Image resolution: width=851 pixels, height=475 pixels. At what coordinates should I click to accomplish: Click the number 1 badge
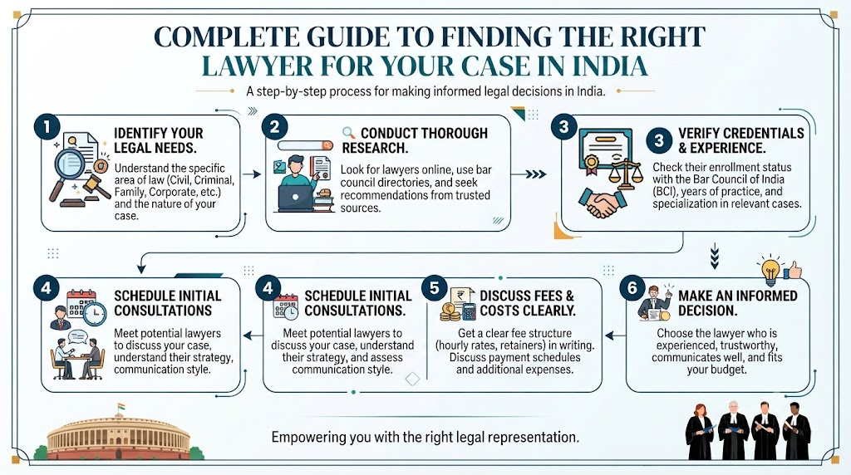47,127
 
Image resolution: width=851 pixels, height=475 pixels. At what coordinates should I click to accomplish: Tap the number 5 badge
434,288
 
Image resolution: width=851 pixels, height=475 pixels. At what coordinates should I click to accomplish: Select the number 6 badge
632,288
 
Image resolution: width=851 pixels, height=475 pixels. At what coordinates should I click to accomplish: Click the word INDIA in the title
609,66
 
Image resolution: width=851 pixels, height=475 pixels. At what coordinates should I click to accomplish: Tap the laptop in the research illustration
295,198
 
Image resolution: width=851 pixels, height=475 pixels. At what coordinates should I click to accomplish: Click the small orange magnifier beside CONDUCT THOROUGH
348,132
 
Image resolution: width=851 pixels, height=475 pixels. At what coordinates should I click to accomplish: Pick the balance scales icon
622,173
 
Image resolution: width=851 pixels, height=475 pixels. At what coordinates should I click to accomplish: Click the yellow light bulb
770,270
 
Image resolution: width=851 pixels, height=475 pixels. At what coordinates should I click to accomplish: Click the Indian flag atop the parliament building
121,407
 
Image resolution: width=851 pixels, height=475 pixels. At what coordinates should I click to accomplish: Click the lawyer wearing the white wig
733,430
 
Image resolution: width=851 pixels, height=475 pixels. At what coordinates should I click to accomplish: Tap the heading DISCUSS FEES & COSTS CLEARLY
527,303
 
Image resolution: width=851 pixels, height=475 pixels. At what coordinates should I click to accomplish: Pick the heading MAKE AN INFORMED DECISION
738,303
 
